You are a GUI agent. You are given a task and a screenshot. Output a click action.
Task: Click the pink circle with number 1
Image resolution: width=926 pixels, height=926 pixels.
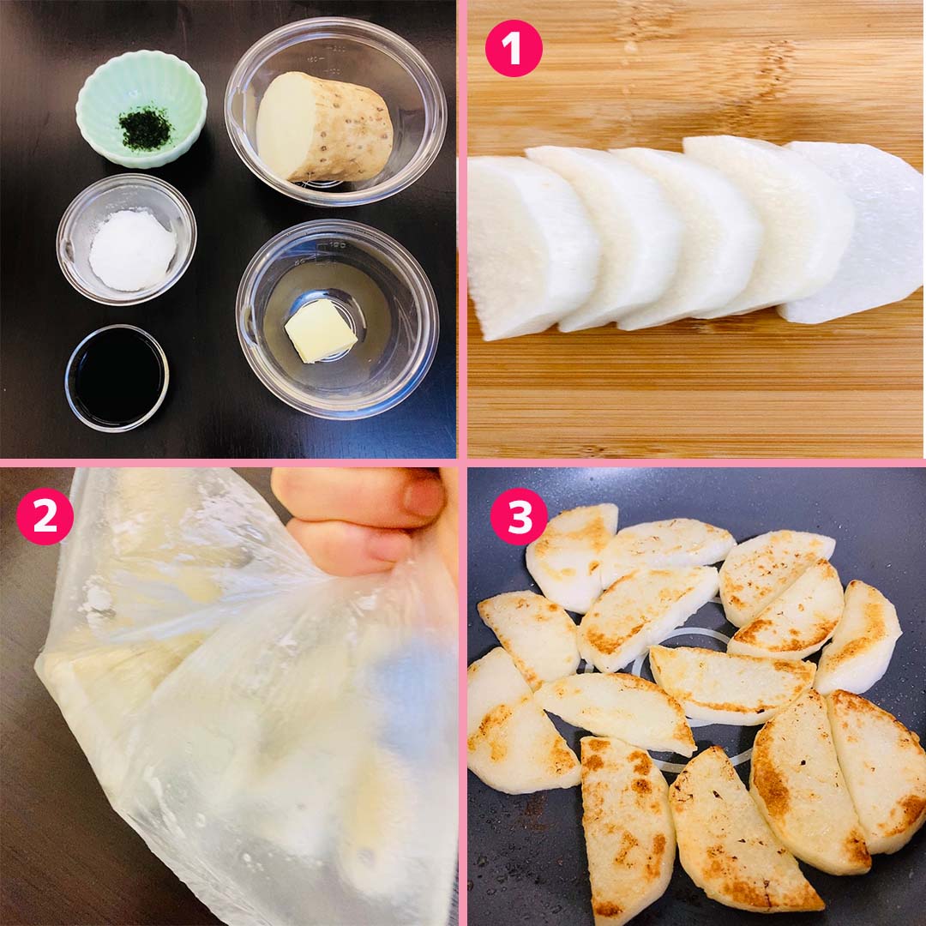point(514,48)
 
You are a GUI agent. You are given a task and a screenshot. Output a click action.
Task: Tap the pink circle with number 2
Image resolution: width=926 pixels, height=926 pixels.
point(45,515)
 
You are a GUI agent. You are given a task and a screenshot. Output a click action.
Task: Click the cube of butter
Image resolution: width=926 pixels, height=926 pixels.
point(321,330)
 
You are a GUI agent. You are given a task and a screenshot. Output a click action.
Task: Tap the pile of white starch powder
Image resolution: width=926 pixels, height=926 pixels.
point(132,250)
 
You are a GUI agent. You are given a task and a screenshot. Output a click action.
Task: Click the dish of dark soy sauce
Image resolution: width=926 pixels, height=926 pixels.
point(117,378)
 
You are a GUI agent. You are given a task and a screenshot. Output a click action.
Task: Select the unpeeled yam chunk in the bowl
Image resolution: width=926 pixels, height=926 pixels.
point(324,127)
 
